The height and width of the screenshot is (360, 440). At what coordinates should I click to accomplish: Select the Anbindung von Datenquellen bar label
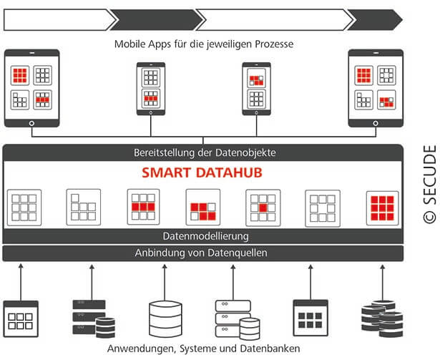[203, 253]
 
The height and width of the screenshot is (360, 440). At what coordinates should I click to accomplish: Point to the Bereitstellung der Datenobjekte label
[203, 152]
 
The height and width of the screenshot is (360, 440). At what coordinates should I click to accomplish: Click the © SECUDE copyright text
[429, 184]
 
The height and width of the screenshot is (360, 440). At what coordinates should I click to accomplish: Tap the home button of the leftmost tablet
[31, 122]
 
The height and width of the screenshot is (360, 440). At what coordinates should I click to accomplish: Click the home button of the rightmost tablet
[376, 122]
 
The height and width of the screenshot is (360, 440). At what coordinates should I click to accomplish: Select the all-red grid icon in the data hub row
[381, 208]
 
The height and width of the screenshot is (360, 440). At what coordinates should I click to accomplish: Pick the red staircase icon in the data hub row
[202, 208]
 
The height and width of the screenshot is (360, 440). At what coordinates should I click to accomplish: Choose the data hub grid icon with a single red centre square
[263, 208]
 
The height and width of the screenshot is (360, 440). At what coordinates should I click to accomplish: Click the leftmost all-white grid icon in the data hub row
[24, 208]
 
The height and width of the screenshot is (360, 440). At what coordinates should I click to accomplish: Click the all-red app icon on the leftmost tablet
[21, 74]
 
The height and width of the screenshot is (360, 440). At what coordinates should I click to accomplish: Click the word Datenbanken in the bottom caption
[273, 349]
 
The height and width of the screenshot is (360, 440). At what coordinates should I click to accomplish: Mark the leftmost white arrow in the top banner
[57, 19]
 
